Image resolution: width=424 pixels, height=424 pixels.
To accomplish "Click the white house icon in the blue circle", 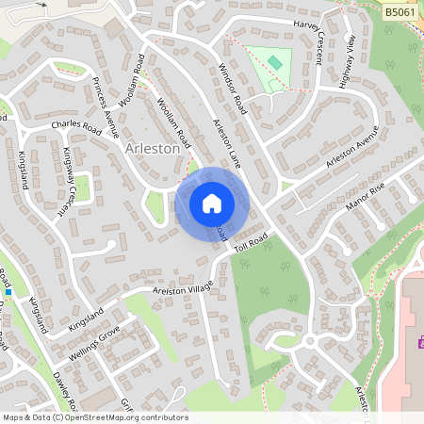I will (x=211, y=203).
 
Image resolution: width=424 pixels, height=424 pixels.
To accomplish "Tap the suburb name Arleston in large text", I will (x=152, y=150).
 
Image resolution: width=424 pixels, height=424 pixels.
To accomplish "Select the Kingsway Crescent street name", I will (x=68, y=180).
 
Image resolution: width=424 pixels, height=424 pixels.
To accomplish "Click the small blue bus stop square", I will (x=7, y=290).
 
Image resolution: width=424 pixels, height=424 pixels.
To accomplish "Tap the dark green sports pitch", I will (x=275, y=62).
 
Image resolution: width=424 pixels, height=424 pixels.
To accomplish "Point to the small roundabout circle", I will (x=308, y=341).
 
